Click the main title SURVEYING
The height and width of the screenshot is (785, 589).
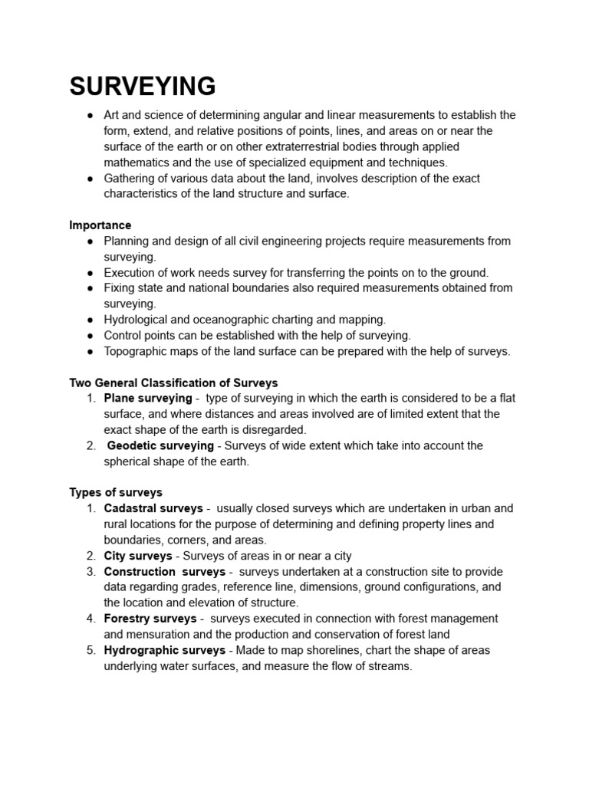(143, 87)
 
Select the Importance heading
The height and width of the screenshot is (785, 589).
(100, 225)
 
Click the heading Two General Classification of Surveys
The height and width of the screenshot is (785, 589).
(173, 383)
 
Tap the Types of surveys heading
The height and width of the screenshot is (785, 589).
(116, 492)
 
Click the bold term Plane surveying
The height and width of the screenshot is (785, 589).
(148, 398)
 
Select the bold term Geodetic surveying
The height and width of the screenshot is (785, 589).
(160, 445)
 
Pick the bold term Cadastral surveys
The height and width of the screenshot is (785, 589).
(153, 508)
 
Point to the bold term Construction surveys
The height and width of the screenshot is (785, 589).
(164, 572)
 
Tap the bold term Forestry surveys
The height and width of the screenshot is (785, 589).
(150, 619)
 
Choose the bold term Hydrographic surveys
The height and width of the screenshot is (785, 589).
(164, 650)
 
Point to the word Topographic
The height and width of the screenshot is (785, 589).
(136, 351)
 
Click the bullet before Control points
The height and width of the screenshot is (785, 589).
(90, 336)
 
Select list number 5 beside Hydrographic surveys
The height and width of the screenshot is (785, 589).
(90, 650)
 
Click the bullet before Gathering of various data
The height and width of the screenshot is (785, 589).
(90, 178)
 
